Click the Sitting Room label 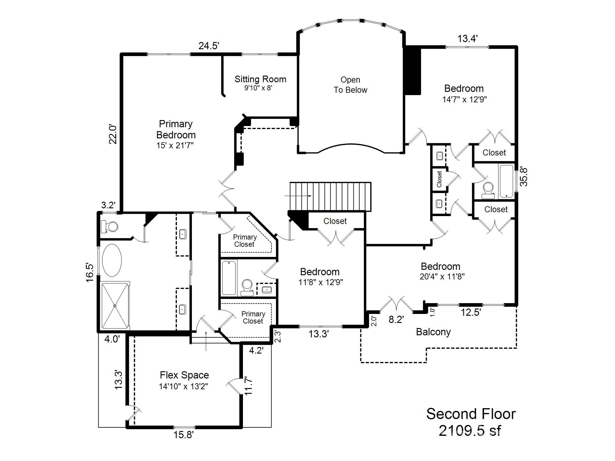(x=260, y=79)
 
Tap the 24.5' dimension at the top (x=209, y=46)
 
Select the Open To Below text (x=350, y=85)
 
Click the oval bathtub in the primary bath (x=112, y=260)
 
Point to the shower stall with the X (x=114, y=306)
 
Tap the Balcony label (x=433, y=332)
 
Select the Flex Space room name (x=184, y=375)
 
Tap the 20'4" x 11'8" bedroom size (x=442, y=276)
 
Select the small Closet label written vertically (x=439, y=179)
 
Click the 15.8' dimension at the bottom (x=183, y=435)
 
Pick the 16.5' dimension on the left (x=90, y=273)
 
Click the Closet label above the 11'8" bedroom (x=335, y=221)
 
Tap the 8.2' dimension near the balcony (x=396, y=320)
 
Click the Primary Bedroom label (x=176, y=129)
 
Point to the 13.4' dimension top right (x=467, y=39)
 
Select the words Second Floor (x=471, y=414)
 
